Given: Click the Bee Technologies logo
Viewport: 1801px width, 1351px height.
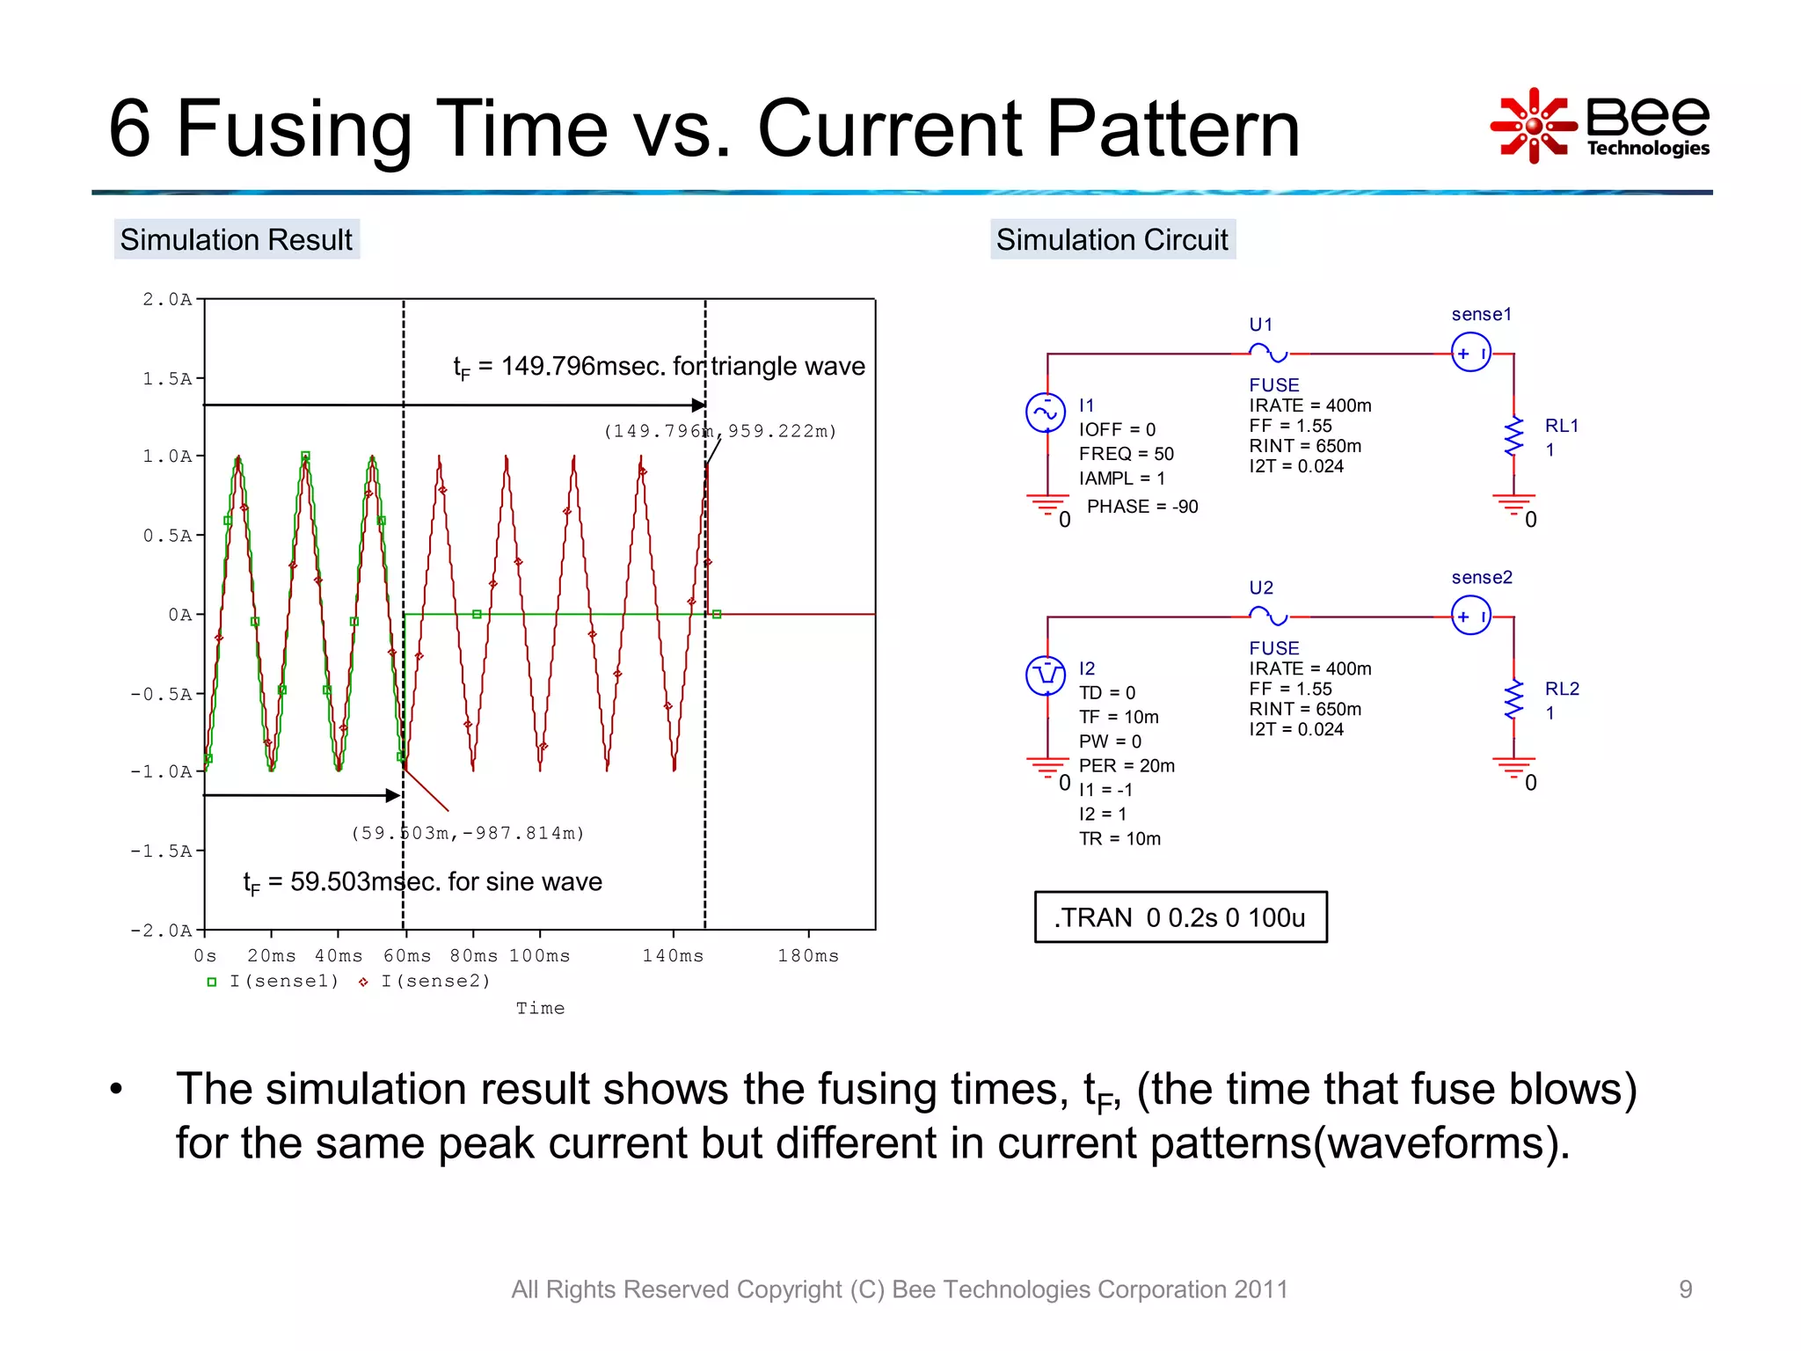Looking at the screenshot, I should tap(1600, 126).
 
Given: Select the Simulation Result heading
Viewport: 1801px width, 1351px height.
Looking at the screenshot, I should tap(236, 239).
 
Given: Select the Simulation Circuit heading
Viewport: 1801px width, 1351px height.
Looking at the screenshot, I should tap(1112, 239).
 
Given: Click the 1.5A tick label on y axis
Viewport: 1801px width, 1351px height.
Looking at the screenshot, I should tap(167, 378).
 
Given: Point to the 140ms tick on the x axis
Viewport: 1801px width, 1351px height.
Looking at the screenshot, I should tap(673, 955).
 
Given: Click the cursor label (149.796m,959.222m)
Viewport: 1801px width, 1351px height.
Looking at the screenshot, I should tap(720, 431).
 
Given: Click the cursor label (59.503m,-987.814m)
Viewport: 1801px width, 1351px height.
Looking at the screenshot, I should tap(467, 833).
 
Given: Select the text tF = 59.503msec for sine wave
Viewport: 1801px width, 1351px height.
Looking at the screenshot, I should tap(422, 881).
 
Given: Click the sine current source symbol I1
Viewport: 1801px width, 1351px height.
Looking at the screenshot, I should tap(1046, 413).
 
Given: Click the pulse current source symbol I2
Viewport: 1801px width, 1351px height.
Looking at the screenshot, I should tap(1046, 675).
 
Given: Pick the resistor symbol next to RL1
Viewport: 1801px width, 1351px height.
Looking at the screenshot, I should tap(1513, 437).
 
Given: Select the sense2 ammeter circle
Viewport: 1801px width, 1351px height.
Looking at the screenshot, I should tap(1471, 616).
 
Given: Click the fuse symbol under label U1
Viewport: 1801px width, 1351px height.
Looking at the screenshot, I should tap(1268, 354).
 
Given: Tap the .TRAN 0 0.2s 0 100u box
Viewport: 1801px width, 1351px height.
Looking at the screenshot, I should tap(1180, 917).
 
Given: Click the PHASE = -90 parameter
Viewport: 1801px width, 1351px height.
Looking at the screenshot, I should tap(1141, 507).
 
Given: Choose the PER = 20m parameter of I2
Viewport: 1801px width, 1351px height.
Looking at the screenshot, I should tap(1126, 765).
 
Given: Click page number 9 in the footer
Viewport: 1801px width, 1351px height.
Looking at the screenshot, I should tap(1685, 1289).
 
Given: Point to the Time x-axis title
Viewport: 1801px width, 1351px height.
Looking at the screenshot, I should tap(540, 1008).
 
